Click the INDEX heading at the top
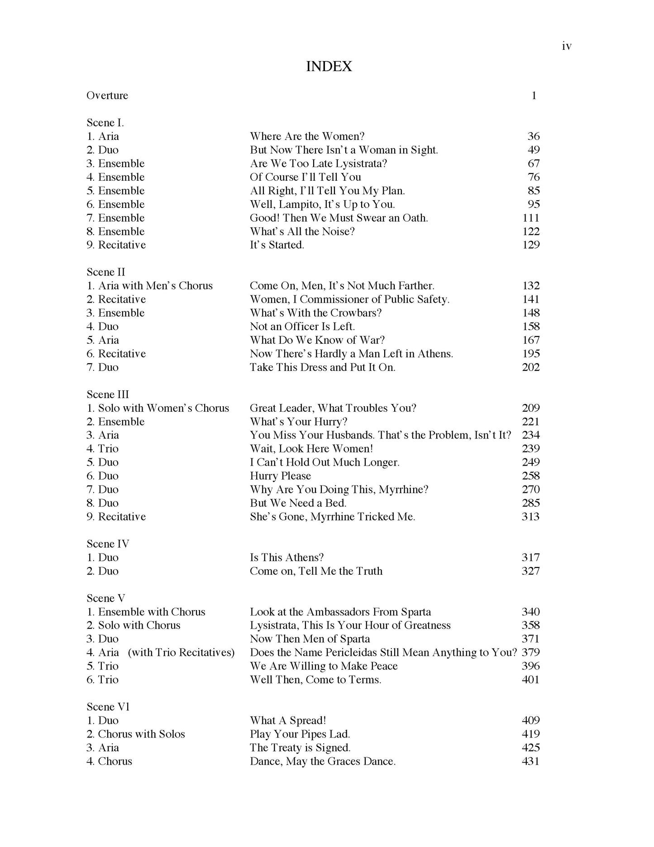[x=329, y=67]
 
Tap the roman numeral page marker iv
[x=566, y=46]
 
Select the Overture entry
[x=107, y=96]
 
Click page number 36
[x=534, y=136]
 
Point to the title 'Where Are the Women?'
[x=307, y=136]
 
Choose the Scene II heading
[x=106, y=272]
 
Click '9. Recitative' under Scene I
[x=116, y=245]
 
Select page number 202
[x=530, y=367]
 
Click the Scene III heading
[x=108, y=395]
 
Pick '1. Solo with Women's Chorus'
[x=158, y=408]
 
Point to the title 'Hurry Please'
[x=280, y=476]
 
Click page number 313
[x=530, y=517]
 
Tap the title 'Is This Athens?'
[x=286, y=558]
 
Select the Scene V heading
[x=106, y=598]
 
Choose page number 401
[x=530, y=680]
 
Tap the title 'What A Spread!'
[x=288, y=721]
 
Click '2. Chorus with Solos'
[x=136, y=734]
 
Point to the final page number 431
[x=530, y=761]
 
